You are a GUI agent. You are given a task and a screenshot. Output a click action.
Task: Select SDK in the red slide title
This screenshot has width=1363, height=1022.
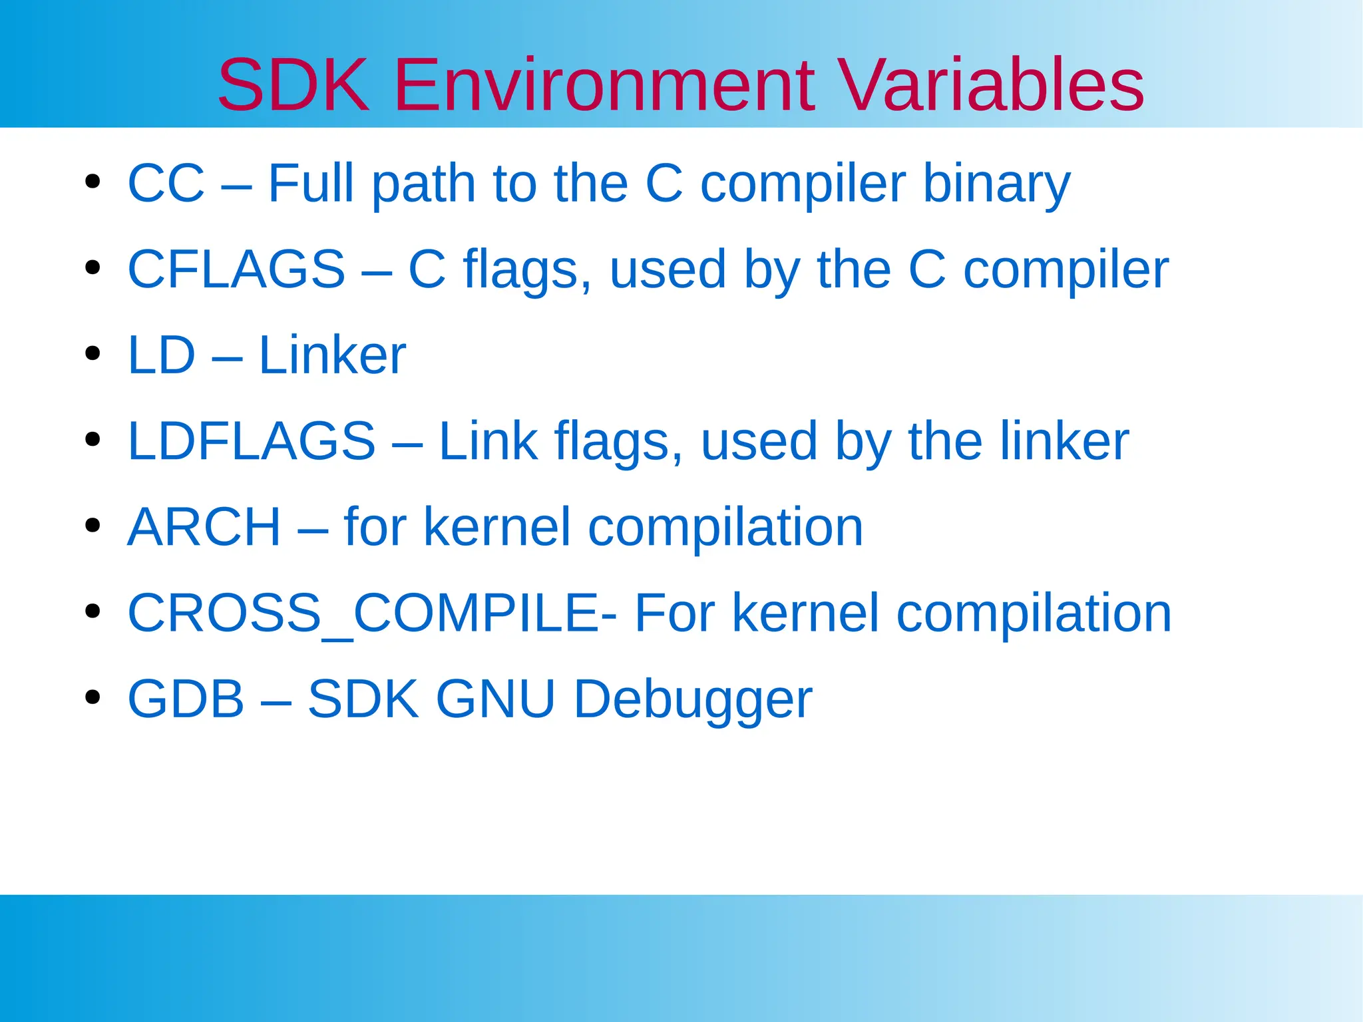click(293, 85)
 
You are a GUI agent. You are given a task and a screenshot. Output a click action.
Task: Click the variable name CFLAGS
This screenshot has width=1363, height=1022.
click(236, 269)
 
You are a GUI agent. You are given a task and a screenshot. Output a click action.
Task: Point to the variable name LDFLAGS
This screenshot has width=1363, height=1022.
click(252, 441)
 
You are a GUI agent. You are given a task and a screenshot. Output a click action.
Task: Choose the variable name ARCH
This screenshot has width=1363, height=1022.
click(204, 527)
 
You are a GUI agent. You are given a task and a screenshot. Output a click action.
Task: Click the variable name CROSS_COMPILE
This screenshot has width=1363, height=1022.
click(363, 613)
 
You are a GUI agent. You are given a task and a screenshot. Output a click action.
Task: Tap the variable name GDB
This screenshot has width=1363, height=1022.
click(186, 699)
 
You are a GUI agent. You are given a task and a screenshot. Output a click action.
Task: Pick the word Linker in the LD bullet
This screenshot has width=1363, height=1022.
click(332, 355)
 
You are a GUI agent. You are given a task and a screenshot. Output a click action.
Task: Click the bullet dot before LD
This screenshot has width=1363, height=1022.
click(93, 353)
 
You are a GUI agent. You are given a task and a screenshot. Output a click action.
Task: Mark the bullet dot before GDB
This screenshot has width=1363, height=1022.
click(93, 697)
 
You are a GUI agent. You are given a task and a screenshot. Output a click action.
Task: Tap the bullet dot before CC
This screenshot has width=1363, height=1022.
click(93, 181)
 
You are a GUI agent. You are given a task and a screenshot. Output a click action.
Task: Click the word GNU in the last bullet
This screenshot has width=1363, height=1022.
click(495, 699)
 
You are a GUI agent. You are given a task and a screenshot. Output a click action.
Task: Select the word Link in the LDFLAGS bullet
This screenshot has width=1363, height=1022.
click(488, 441)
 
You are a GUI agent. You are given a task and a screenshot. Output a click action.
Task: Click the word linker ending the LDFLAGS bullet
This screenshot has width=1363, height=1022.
click(1064, 441)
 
